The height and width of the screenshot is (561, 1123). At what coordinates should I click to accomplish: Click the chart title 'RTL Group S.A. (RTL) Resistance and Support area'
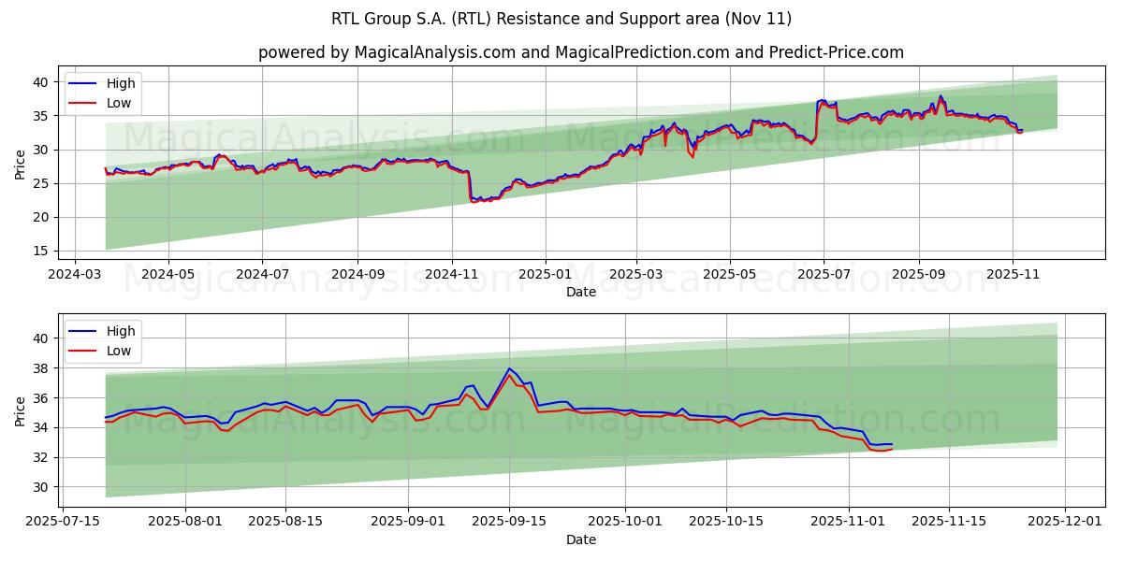[x=561, y=19]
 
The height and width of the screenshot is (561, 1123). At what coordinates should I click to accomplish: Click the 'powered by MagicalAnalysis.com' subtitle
[x=580, y=52]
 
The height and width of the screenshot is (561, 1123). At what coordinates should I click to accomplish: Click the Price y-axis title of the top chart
[x=21, y=165]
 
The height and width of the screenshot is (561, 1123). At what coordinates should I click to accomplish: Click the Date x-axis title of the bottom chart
[x=581, y=540]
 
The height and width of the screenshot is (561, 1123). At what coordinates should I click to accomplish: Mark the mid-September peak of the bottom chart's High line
[x=509, y=368]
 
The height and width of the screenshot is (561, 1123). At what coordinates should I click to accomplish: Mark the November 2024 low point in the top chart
[x=474, y=201]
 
